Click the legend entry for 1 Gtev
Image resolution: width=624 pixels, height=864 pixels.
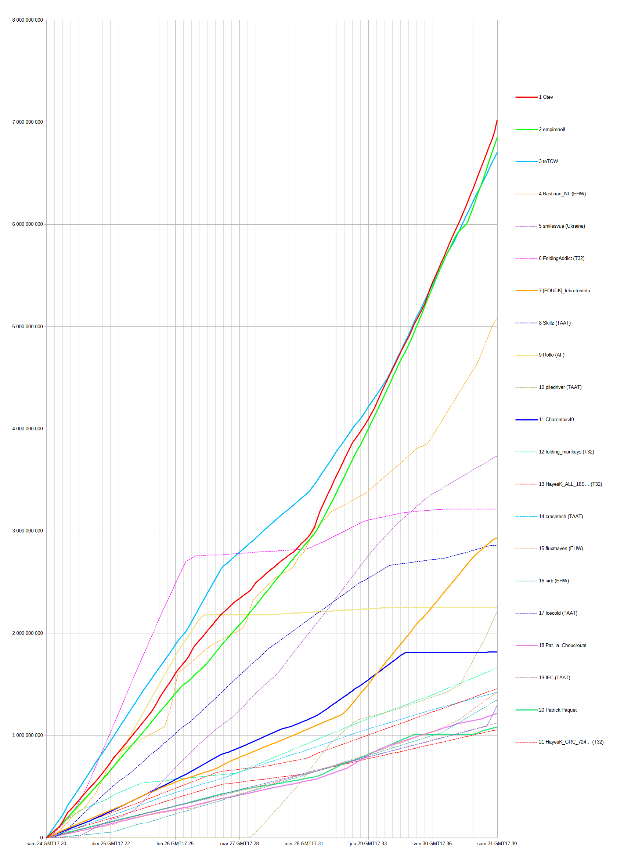545,97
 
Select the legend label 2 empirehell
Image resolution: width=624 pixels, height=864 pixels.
552,130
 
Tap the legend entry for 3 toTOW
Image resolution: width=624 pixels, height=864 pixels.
548,162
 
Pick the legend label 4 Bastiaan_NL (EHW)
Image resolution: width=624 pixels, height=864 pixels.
562,194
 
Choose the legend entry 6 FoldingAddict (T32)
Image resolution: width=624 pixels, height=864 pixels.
561,258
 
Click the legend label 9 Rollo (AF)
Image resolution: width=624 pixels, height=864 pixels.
551,355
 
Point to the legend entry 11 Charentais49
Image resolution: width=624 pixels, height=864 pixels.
556,419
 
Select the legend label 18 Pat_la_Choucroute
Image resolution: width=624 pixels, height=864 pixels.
562,645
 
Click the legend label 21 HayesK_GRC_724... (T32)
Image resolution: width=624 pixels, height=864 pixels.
571,742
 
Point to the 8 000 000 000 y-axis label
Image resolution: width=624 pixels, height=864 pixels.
28,20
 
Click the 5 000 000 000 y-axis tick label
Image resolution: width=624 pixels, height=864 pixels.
28,326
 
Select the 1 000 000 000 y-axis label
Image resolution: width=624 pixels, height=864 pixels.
28,735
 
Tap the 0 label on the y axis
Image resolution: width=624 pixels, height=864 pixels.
42,838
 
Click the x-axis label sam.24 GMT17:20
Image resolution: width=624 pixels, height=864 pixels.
46,843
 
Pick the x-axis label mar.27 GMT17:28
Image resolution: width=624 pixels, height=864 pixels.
239,843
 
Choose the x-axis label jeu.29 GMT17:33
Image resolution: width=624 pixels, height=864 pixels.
368,843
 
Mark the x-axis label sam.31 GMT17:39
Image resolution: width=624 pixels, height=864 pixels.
497,843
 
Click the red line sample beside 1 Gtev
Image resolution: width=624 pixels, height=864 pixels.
526,97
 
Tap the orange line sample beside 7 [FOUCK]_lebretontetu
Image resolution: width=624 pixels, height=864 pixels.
526,291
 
